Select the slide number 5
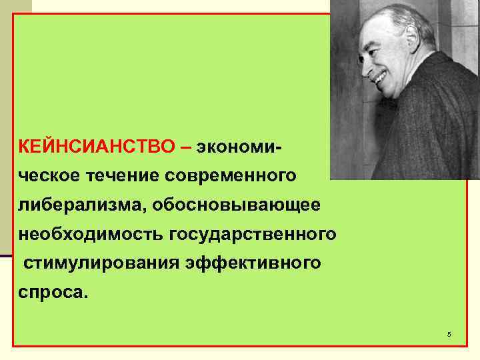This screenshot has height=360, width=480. pos(449,333)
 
